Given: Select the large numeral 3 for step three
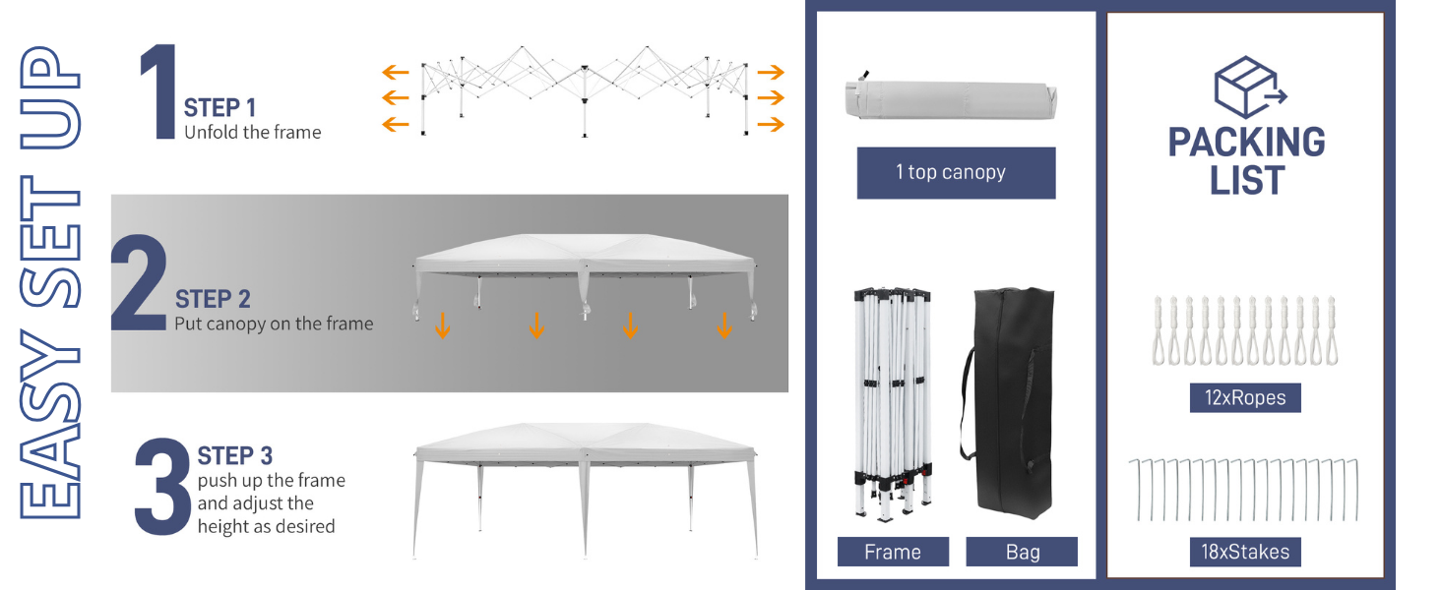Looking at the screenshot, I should [x=161, y=487].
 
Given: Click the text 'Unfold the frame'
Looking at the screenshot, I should [x=253, y=132].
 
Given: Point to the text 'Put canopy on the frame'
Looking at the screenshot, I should [x=274, y=324].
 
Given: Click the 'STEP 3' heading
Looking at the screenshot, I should [x=234, y=456].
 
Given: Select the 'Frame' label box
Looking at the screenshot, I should [x=893, y=552].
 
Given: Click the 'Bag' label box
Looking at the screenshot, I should [x=1022, y=552].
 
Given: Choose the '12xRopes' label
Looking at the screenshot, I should [x=1245, y=398].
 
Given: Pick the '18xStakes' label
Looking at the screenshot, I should [x=1245, y=552].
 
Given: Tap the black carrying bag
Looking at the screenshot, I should [x=1013, y=403].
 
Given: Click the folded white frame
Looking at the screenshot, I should [x=893, y=403].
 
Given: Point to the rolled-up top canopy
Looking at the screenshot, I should [x=951, y=99].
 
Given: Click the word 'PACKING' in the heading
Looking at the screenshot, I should [x=1246, y=143].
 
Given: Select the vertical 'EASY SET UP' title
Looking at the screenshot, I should [x=49, y=285].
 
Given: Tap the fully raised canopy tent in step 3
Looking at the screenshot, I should [x=585, y=482].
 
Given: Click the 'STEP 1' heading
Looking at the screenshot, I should [x=219, y=107].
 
